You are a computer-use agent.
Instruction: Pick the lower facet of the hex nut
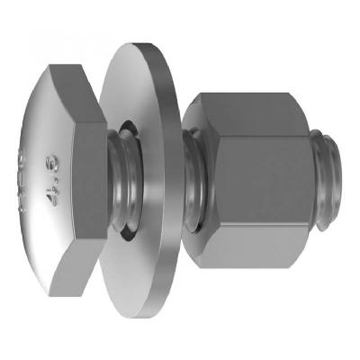256,256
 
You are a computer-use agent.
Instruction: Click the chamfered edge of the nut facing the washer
205,180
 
